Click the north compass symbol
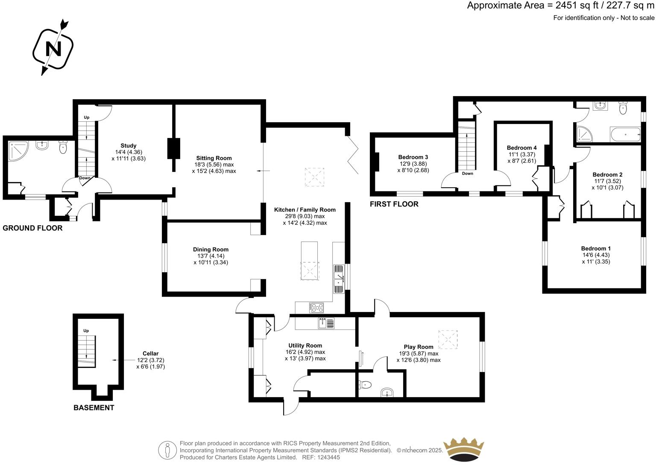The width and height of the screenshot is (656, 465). pos(53,48)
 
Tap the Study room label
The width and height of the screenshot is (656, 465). pos(128,146)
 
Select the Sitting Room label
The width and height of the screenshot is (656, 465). pos(214,158)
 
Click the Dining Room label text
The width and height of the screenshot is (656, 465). pos(211,250)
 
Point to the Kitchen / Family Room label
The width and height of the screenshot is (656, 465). pos(305,210)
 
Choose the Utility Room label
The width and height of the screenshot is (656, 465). pos(305,346)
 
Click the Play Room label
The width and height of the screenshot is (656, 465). pos(419,347)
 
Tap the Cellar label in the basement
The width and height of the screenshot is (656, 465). pos(150,353)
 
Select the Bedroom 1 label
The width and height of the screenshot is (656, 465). pos(596,249)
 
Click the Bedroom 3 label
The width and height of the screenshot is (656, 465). pos(413,157)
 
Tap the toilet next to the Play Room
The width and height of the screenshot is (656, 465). pos(365,385)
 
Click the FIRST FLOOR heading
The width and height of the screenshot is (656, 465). pos(394,204)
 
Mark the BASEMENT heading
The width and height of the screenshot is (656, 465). pos(94,408)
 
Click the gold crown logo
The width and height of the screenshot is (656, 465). pos(464,449)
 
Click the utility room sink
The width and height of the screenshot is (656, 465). pos(326,323)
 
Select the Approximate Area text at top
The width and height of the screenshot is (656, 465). pos(560,6)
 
